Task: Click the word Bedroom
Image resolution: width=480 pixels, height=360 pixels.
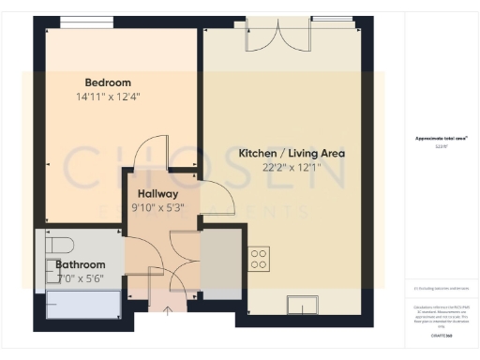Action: [x=108, y=82]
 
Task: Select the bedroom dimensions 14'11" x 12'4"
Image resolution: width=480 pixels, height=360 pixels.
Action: [x=108, y=96]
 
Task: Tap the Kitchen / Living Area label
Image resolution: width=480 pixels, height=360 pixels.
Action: [x=292, y=153]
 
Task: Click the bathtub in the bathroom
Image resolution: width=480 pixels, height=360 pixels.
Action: [x=82, y=306]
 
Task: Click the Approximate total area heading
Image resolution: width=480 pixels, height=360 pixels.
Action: [x=441, y=140]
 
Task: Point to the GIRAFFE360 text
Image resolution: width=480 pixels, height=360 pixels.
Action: [x=441, y=335]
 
